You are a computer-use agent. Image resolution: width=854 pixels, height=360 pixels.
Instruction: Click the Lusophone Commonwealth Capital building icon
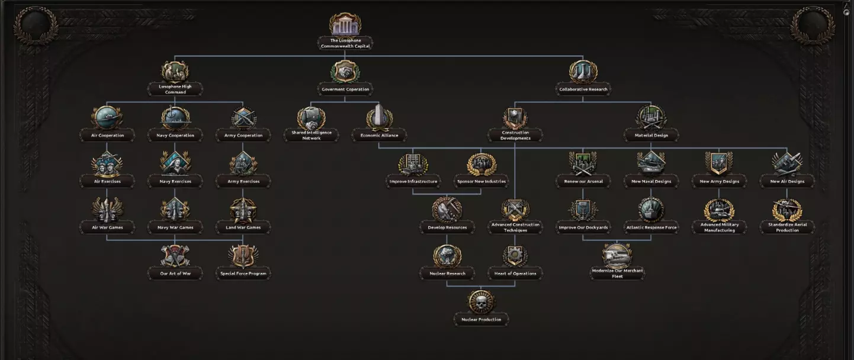345,24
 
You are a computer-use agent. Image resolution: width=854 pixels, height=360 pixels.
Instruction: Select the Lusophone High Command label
175,89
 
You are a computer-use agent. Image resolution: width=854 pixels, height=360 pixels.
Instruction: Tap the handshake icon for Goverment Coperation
345,72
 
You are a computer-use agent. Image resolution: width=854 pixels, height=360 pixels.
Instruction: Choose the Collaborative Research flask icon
583,72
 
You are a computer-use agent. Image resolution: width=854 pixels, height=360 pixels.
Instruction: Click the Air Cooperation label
107,136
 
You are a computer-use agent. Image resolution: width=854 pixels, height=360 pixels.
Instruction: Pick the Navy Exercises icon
175,163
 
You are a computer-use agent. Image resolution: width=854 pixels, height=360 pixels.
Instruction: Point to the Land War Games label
243,228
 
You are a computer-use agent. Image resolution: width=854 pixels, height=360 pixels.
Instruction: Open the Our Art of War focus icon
175,256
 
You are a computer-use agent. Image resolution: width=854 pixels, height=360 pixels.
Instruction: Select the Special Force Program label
243,274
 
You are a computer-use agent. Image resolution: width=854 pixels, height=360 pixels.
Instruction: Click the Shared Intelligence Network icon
311,118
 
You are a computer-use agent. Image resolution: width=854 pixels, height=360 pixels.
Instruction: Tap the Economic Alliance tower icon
379,117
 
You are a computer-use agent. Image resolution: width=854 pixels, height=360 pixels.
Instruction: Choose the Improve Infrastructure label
413,182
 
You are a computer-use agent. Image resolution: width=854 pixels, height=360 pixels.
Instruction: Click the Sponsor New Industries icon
481,165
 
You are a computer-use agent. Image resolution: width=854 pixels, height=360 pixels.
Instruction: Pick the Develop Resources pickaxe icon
447,210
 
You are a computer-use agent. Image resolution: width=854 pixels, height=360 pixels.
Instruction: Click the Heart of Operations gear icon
515,256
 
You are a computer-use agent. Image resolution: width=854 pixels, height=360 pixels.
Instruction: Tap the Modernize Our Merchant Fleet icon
617,255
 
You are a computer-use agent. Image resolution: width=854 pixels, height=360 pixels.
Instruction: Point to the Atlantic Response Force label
651,228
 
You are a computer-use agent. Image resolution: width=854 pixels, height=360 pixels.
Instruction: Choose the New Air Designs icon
787,163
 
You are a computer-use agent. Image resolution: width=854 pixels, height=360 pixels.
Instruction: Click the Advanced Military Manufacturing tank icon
719,210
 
